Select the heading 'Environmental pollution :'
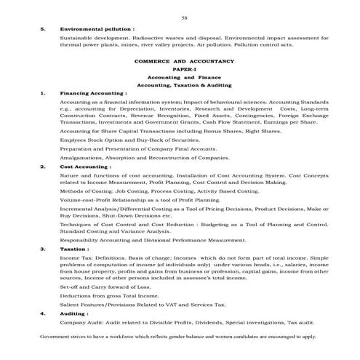[97, 29]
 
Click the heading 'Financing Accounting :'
[94, 94]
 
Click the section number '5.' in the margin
[44, 29]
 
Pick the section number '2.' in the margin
[44, 167]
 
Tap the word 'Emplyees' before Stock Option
[73, 138]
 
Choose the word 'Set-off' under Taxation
[70, 287]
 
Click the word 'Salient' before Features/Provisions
[70, 304]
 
